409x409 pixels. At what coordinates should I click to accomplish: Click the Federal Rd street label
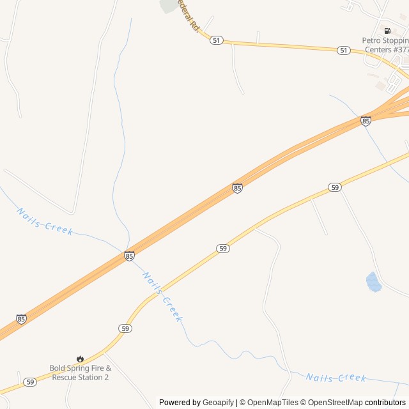[x=189, y=17]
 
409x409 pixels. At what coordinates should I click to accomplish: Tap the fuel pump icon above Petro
[x=387, y=30]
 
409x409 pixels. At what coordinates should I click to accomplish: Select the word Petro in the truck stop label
[x=374, y=40]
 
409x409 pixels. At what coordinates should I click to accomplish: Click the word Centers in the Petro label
[x=378, y=49]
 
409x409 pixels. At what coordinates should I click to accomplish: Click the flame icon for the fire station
[x=80, y=359]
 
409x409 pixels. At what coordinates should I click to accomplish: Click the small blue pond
[x=373, y=282]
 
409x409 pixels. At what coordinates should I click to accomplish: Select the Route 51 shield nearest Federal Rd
[x=217, y=40]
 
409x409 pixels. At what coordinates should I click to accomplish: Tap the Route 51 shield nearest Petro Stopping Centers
[x=344, y=50]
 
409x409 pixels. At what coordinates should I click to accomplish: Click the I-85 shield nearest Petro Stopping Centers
[x=366, y=121]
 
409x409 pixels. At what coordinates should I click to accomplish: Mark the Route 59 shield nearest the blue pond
[x=335, y=187]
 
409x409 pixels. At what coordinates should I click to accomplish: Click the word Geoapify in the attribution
[x=218, y=403]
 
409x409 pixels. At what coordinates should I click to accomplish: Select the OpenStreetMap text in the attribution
[x=335, y=403]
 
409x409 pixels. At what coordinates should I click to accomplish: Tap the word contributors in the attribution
[x=385, y=403]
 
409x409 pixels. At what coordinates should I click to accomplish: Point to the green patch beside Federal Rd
[x=169, y=5]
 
